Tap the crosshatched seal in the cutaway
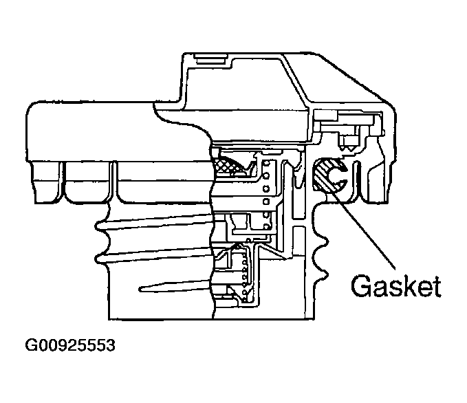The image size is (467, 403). pos(230,165)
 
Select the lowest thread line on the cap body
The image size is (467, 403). pos(172,285)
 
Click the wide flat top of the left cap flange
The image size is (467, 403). pos(89,105)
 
